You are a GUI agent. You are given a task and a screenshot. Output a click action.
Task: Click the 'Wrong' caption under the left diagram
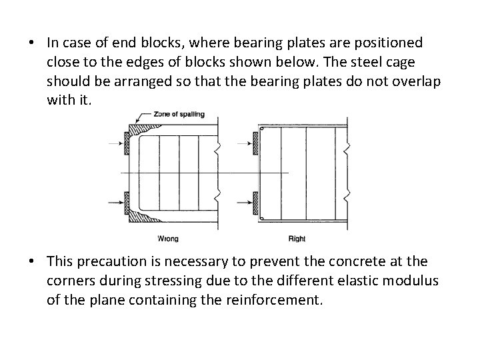pos(167,239)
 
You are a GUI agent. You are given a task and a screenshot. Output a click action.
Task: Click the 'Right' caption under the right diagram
pos(297,239)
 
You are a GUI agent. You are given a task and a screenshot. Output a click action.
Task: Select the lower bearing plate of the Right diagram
pos(255,199)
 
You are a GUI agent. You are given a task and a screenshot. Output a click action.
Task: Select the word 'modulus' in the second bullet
pos(412,281)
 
